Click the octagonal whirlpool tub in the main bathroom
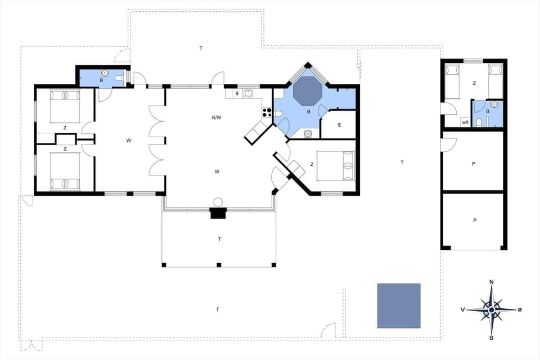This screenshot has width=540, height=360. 307,91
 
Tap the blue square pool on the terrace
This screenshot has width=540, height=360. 399,305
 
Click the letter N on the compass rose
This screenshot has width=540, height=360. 492,282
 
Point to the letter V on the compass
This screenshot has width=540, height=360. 462,309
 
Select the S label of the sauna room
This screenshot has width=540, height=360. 339,125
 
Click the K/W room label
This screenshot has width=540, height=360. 217,118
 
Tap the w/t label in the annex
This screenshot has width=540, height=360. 465,122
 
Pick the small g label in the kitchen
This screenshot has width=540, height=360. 237,93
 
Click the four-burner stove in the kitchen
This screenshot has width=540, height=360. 267,112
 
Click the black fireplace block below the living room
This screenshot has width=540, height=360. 218,213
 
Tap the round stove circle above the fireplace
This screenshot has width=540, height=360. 218,202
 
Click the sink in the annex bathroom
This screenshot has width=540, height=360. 494,104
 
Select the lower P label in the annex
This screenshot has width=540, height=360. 474,220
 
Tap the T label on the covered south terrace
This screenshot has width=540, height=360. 219,239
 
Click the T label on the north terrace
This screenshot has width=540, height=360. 200,48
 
